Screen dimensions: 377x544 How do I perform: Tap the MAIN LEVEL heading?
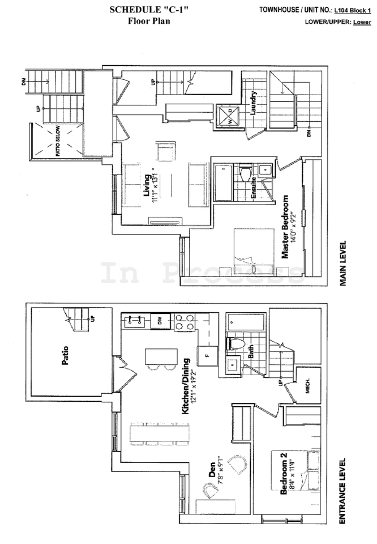[342, 263]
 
